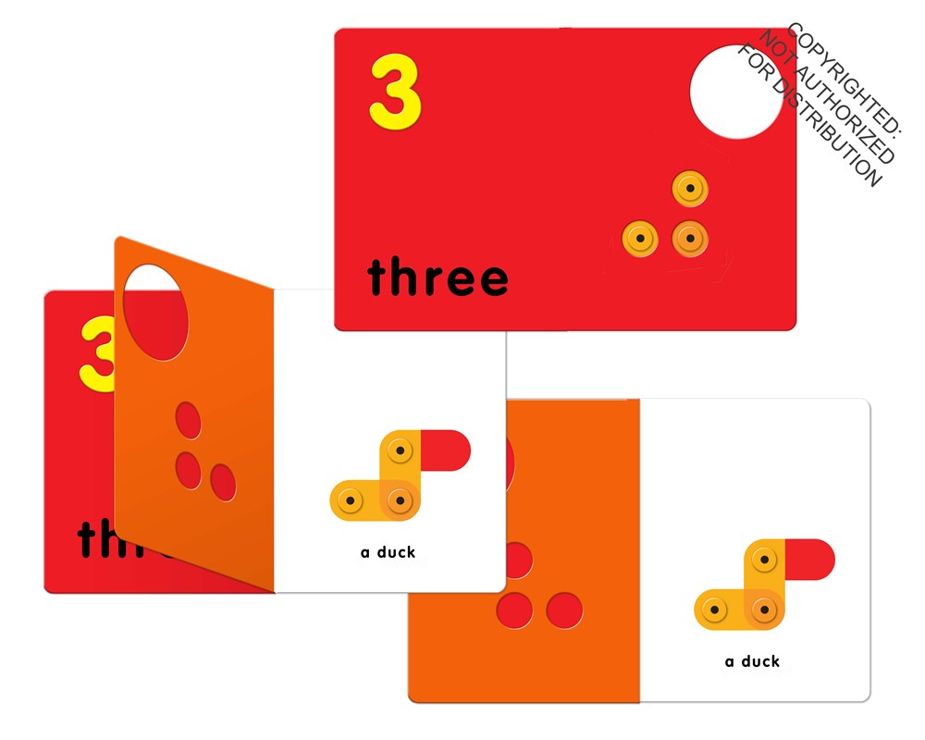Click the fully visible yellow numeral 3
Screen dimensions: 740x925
point(395,91)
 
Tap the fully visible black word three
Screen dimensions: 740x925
point(438,277)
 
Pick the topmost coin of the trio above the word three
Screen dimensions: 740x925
point(687,190)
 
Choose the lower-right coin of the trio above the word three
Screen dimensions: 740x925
point(688,239)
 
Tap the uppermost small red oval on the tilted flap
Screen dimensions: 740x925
point(188,419)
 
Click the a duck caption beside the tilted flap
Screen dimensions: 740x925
point(388,552)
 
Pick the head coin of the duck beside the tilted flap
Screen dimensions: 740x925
point(400,451)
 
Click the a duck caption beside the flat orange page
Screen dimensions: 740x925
point(752,661)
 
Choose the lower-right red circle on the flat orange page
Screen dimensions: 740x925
point(563,610)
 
